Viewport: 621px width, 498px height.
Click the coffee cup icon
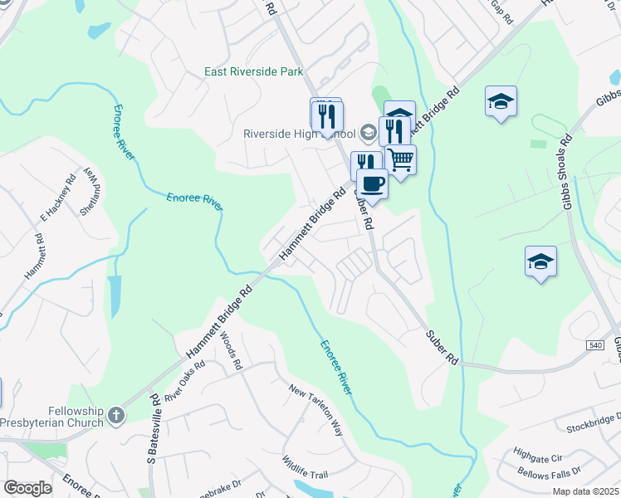tap(373, 183)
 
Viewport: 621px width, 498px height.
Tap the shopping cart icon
tap(401, 159)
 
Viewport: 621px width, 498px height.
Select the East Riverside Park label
tap(254, 72)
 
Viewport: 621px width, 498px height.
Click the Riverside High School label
tap(300, 134)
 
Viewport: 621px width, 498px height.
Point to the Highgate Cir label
tap(538, 456)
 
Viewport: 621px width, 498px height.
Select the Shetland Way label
tap(90, 193)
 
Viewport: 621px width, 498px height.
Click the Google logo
tap(27, 488)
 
